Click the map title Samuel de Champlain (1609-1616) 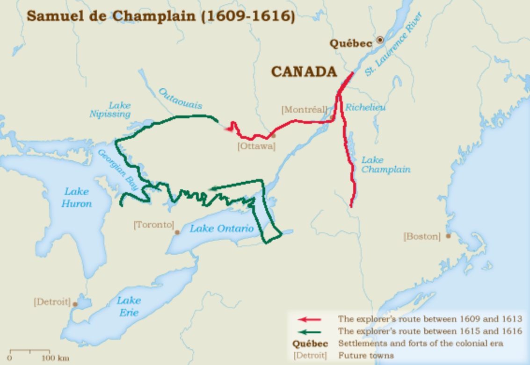(160, 16)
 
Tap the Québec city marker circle (380, 40)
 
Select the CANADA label (304, 72)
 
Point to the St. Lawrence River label (394, 44)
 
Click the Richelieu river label (365, 108)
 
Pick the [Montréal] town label (304, 110)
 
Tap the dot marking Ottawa (273, 136)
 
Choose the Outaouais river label (180, 98)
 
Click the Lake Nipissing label (110, 110)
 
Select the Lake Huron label (77, 197)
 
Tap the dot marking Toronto (177, 232)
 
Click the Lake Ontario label (222, 229)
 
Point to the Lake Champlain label (385, 165)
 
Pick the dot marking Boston (448, 236)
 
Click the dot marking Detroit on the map (75, 304)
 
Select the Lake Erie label (129, 307)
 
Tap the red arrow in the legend (310, 320)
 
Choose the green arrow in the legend (310, 332)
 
